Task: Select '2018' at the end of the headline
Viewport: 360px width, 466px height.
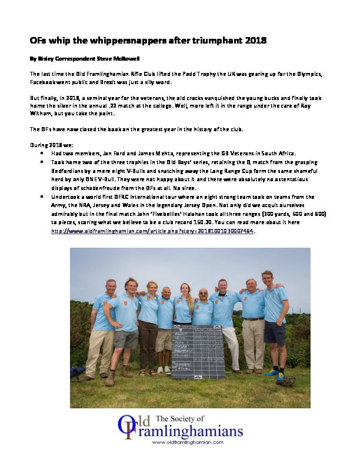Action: point(256,41)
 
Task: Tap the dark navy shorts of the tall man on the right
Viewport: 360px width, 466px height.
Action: point(274,332)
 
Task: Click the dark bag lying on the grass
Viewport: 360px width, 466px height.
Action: point(78,372)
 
